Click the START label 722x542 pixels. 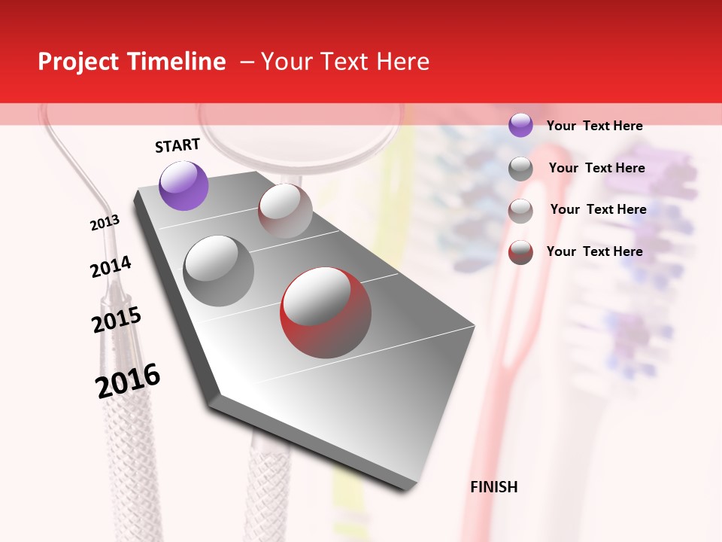tap(177, 145)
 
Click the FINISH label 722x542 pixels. tap(493, 487)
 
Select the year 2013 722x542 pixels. tap(105, 223)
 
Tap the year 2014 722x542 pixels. tap(111, 266)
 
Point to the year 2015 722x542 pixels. tap(117, 319)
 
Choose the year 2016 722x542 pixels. tap(128, 380)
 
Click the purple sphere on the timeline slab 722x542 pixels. tap(184, 185)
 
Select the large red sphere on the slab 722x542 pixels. tap(326, 312)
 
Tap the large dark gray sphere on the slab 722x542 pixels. tap(219, 271)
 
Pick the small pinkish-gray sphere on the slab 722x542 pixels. tap(285, 210)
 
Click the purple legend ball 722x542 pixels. tap(520, 125)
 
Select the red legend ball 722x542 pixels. tap(520, 252)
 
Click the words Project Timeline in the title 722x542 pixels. tap(132, 62)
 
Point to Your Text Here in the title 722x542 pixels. tap(345, 62)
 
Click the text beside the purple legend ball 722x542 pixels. tap(594, 126)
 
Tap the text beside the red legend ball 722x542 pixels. tap(594, 251)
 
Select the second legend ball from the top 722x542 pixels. tap(520, 169)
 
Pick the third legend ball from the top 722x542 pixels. tap(520, 211)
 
